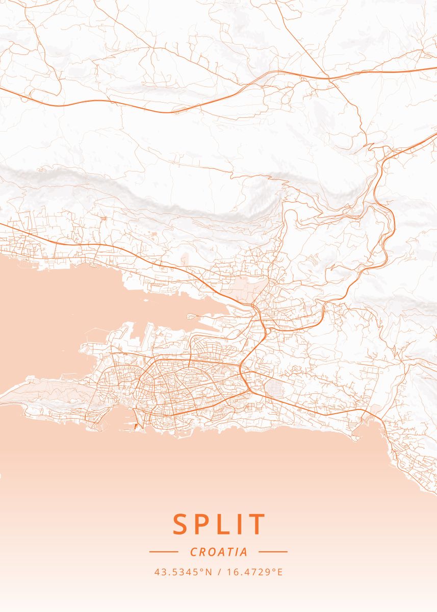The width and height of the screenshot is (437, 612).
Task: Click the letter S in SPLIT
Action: point(181,524)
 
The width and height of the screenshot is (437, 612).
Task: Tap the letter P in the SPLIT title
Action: point(204,524)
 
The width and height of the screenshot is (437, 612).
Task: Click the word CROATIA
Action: point(219,552)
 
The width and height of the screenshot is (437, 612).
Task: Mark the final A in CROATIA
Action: point(244,552)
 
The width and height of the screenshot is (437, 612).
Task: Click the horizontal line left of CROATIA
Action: point(163,552)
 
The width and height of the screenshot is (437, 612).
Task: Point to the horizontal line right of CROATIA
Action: point(273,552)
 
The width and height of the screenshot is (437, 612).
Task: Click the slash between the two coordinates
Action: point(220,572)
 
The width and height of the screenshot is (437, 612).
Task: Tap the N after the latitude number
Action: point(208,572)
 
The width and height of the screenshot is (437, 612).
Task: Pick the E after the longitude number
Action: point(279,572)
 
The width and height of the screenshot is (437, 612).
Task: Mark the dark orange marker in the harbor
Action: point(135,425)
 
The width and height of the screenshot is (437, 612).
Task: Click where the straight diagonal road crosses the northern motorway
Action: point(328,79)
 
